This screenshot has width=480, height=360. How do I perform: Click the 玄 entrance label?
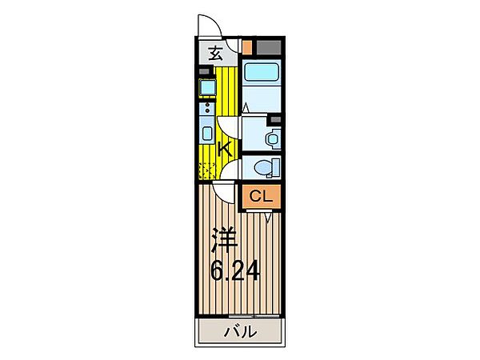(215, 54)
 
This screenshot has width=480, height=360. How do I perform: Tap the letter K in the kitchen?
(225, 150)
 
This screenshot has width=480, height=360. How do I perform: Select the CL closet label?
(261, 196)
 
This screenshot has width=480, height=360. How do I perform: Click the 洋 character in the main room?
(224, 241)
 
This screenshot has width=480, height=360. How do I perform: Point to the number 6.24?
(235, 270)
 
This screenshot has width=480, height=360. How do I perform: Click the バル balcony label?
(240, 331)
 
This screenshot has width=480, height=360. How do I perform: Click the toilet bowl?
(263, 167)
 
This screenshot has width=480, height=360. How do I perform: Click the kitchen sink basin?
(207, 133)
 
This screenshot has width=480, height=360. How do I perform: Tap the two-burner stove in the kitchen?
(207, 108)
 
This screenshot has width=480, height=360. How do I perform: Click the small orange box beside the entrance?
(247, 47)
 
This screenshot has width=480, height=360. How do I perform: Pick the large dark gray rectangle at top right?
(269, 47)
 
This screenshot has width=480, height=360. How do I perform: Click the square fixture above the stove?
(207, 87)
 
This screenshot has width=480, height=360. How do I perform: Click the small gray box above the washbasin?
(275, 119)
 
